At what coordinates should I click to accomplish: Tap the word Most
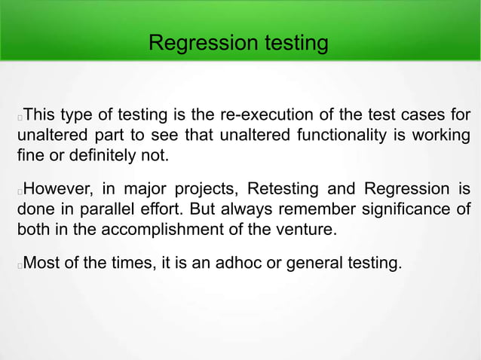(x=42, y=264)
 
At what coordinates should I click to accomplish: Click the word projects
(x=206, y=188)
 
